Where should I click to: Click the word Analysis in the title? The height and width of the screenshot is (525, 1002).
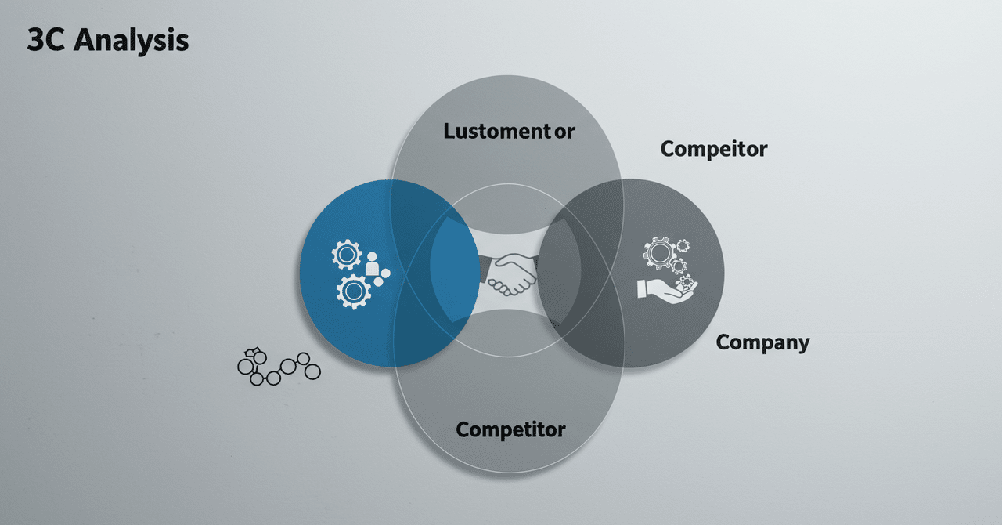(x=131, y=41)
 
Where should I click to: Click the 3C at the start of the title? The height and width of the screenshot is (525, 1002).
(x=45, y=39)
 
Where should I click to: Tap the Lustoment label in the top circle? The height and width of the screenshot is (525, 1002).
(x=497, y=131)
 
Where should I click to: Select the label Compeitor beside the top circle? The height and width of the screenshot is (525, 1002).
(x=713, y=149)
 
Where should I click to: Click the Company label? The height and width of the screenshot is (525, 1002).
(x=762, y=343)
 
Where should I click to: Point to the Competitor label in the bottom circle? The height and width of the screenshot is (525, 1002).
(x=510, y=430)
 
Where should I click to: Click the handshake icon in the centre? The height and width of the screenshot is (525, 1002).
(x=509, y=274)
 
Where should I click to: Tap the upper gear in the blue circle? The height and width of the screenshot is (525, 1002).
(x=347, y=255)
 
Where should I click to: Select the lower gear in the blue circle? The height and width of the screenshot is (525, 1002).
(x=353, y=291)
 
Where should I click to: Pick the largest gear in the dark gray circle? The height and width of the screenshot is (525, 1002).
(x=659, y=253)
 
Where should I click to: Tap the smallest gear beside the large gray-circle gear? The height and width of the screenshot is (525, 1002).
(x=683, y=245)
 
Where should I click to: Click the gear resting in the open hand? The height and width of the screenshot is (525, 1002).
(x=687, y=283)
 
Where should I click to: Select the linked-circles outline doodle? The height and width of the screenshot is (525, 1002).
(x=279, y=367)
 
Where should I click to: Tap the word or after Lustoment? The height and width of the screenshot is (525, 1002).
(x=564, y=132)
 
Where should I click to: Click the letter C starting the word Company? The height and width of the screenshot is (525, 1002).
(x=723, y=342)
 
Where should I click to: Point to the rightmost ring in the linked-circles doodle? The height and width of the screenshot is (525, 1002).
(x=312, y=371)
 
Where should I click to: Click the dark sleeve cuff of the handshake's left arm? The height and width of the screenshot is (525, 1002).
(x=485, y=269)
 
